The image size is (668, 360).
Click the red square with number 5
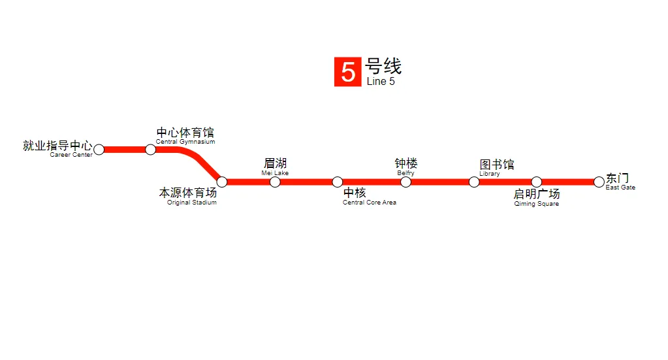347,72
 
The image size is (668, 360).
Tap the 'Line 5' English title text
381,82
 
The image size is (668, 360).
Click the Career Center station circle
99,150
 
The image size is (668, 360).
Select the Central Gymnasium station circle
151,150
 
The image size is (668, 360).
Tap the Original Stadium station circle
222,182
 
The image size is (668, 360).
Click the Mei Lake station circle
275,182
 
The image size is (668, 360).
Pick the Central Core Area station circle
337,182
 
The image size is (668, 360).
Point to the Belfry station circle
406,182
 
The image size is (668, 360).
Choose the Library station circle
474,182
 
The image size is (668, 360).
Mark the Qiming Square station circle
536,182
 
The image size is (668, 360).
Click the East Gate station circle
599,182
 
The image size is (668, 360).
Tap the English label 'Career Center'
71,155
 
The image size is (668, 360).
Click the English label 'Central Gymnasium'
185,142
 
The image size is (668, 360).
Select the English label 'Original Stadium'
192,203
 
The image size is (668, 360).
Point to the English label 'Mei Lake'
275,173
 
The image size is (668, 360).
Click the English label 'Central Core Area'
370,203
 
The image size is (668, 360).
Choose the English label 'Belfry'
406,173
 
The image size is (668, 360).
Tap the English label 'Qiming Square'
537,204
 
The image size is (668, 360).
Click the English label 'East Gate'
620,188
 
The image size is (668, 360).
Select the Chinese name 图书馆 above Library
497,165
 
